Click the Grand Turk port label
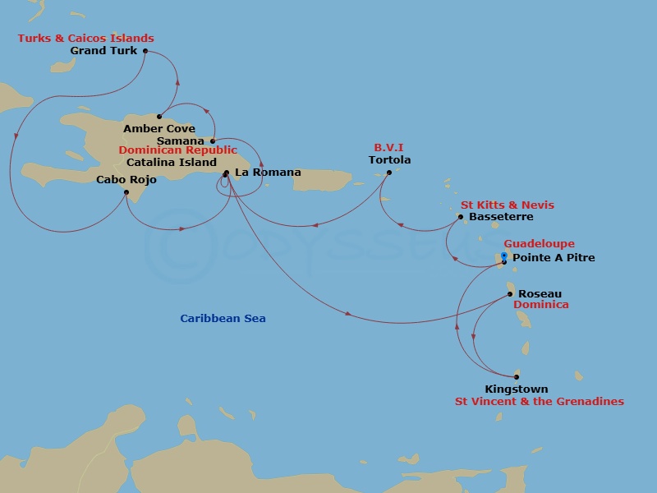103,51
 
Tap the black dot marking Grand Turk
145,51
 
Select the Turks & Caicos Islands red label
86,39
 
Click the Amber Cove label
159,129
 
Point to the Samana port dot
213,141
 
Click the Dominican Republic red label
177,150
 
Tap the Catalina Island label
172,162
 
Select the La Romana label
268,173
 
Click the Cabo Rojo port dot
126,193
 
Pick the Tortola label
389,160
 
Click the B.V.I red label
389,149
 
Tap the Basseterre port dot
461,218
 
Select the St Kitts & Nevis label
507,205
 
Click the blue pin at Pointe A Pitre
504,257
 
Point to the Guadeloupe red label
539,244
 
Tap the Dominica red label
540,305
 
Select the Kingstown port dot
517,377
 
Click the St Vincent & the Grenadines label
540,402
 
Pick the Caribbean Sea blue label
223,319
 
